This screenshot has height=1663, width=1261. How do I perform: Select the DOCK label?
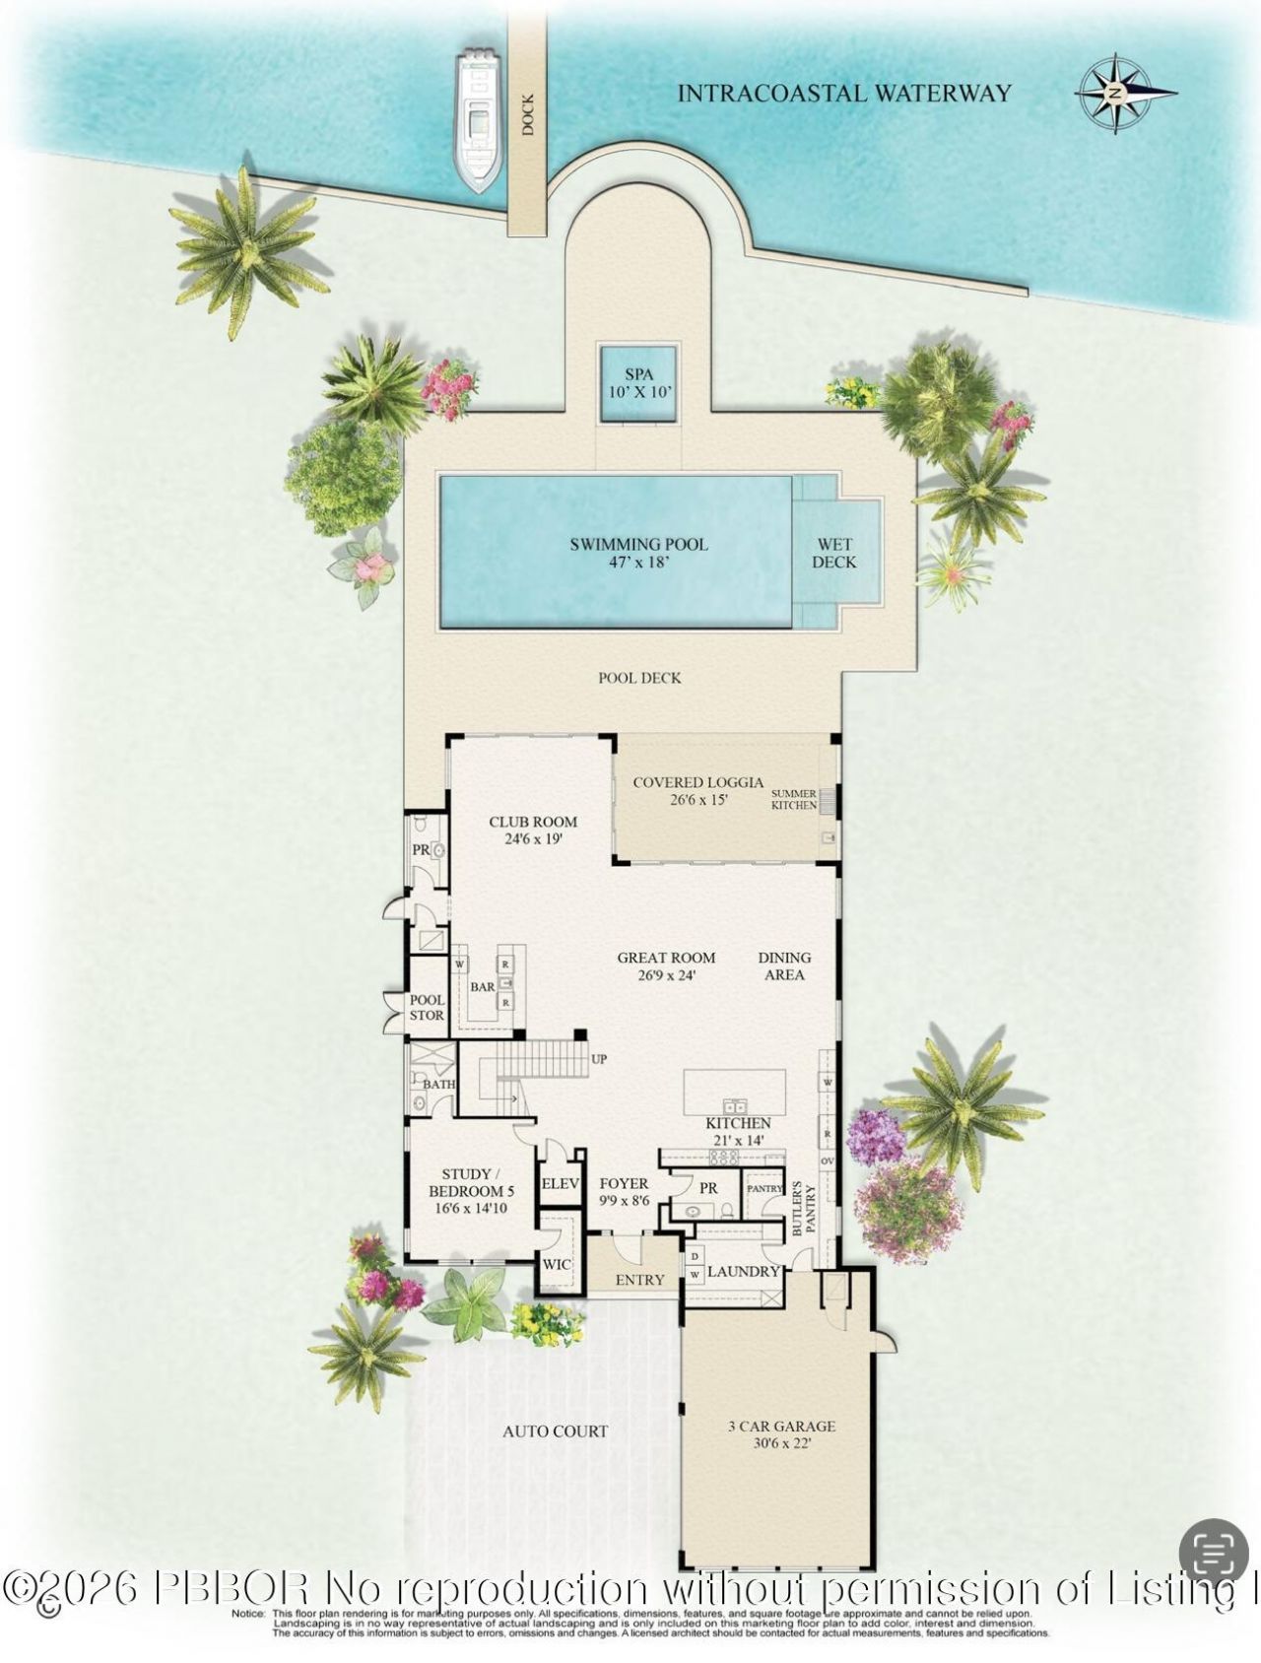pyautogui.click(x=528, y=115)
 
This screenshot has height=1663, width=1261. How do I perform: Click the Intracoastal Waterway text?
pyautogui.click(x=844, y=94)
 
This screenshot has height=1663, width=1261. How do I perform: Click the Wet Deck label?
pyautogui.click(x=833, y=553)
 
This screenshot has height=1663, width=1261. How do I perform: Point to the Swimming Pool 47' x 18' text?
pyautogui.click(x=638, y=553)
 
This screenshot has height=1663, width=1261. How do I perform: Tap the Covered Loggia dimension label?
pyautogui.click(x=698, y=791)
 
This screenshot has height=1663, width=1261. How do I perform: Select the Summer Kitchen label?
pyautogui.click(x=794, y=799)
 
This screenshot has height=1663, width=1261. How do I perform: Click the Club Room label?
pyautogui.click(x=533, y=830)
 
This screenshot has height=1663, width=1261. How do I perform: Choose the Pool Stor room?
pyautogui.click(x=427, y=1007)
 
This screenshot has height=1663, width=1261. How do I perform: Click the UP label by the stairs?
pyautogui.click(x=599, y=1060)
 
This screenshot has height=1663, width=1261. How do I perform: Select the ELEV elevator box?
pyautogui.click(x=561, y=1184)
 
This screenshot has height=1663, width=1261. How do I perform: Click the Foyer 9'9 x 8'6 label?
pyautogui.click(x=625, y=1192)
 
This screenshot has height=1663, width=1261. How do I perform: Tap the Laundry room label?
pyautogui.click(x=744, y=1272)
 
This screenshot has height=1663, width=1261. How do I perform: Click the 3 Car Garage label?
pyautogui.click(x=782, y=1434)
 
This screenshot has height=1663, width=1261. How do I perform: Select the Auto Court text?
pyautogui.click(x=555, y=1430)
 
